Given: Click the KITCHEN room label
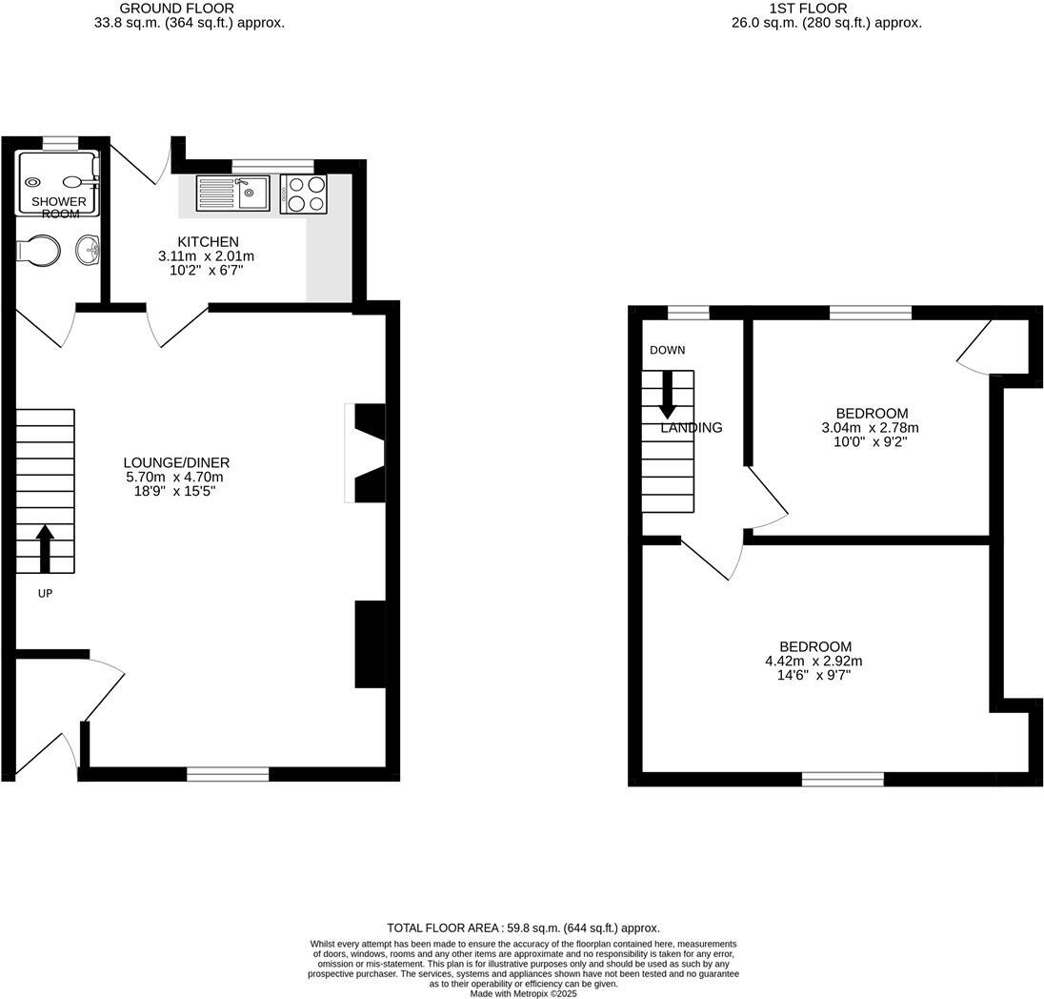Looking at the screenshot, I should [208, 242].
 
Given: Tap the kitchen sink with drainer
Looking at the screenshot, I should [233, 194].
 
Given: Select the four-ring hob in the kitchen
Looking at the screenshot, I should [304, 194].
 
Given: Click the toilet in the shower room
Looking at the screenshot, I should [39, 251].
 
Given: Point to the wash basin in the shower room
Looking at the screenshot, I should [88, 252].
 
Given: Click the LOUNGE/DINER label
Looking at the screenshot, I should [177, 462].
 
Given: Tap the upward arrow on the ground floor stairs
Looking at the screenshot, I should [45, 548].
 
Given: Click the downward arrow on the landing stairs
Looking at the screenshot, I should [667, 393].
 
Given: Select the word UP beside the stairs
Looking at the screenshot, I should [45, 594].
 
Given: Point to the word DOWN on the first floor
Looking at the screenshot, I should [667, 350].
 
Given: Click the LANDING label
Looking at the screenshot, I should [692, 428].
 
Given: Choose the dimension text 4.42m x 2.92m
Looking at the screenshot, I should [813, 661].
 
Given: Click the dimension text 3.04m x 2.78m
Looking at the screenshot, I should [870, 428].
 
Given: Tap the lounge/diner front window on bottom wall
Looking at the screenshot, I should [228, 774].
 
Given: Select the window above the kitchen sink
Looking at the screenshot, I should [272, 165].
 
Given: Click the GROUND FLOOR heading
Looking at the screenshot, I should [190, 9].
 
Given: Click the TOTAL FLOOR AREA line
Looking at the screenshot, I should [523, 928].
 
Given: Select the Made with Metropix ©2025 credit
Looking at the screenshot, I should [523, 993].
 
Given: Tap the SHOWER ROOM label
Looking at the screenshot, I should [59, 208].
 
